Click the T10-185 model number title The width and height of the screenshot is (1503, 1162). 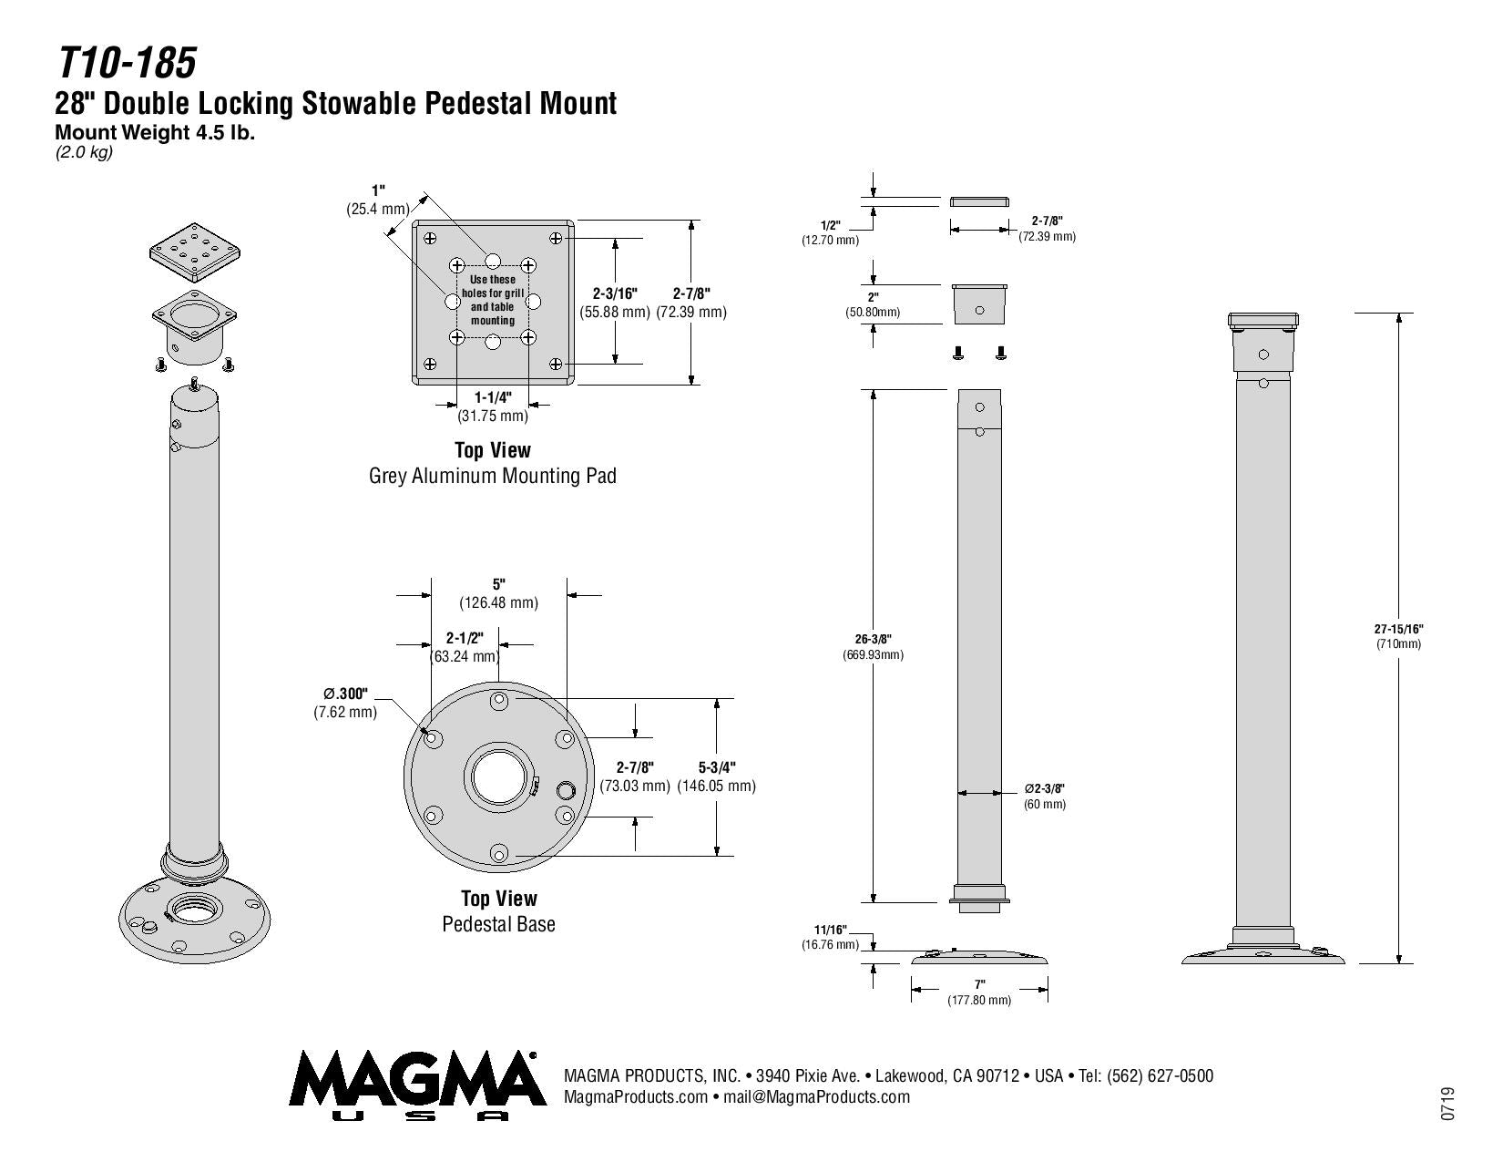click(127, 64)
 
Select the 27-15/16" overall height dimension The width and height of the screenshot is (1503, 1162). click(1398, 629)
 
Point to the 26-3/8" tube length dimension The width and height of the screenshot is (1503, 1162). click(873, 639)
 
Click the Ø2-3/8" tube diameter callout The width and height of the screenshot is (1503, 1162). click(1044, 788)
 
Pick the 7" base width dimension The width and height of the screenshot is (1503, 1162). click(979, 985)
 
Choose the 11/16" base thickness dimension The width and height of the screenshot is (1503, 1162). click(830, 930)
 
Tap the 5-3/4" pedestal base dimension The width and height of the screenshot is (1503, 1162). click(717, 768)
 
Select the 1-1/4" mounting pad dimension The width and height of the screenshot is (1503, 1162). click(493, 398)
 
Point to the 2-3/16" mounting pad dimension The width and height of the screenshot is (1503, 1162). click(615, 293)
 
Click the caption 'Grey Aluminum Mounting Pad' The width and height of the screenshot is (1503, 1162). click(492, 476)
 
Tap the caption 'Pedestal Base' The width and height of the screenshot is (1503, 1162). click(498, 924)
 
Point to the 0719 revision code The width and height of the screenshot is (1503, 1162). click(1447, 1103)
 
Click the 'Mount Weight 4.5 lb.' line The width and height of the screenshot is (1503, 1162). click(155, 132)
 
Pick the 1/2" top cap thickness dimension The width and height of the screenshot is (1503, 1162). click(830, 225)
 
